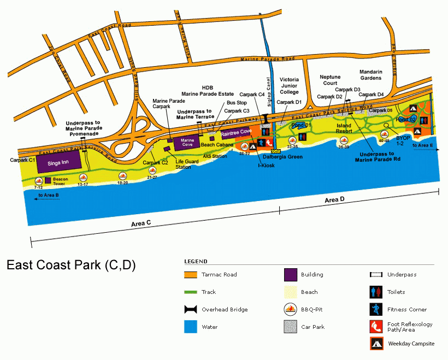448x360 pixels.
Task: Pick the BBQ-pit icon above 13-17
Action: tap(83, 178)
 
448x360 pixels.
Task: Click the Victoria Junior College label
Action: tap(290, 85)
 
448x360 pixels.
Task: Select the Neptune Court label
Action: tap(331, 80)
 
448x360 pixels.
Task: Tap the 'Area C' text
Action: tap(142, 224)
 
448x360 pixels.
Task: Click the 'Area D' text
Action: tap(334, 200)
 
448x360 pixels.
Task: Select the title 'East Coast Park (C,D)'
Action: tap(71, 265)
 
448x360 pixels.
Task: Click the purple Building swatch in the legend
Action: tap(291, 275)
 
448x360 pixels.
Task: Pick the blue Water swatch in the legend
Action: tap(191, 327)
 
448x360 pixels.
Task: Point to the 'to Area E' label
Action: tap(423, 145)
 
